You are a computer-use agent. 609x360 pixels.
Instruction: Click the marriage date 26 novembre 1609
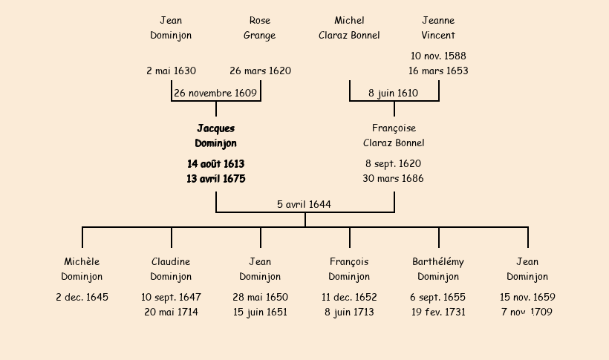click(215, 94)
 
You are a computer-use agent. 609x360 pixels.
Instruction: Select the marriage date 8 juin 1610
click(393, 94)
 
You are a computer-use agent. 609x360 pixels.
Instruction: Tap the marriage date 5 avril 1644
click(304, 204)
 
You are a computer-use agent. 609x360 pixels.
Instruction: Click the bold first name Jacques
click(216, 128)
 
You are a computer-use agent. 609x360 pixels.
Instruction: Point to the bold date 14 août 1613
click(216, 164)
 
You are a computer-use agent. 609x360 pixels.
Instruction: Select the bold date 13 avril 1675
click(216, 179)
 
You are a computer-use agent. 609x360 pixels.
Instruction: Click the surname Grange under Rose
click(259, 36)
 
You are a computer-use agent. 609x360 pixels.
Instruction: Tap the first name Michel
click(349, 20)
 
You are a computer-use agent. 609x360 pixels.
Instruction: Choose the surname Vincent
click(438, 36)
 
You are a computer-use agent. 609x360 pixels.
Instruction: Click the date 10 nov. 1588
click(438, 56)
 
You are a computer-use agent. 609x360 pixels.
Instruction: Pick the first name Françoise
click(394, 128)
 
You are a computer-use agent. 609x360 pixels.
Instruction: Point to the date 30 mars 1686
click(393, 179)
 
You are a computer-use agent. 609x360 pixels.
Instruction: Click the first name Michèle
click(82, 262)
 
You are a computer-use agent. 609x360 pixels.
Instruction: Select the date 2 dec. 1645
click(82, 298)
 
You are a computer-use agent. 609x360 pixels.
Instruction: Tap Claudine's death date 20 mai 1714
click(171, 312)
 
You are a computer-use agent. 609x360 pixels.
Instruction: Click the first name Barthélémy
click(438, 262)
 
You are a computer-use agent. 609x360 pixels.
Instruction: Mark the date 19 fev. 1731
click(438, 312)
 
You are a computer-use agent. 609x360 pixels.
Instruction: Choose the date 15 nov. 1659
click(527, 298)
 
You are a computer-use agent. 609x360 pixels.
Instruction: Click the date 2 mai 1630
click(171, 71)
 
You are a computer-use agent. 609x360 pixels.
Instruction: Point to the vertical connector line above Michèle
click(82, 238)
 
